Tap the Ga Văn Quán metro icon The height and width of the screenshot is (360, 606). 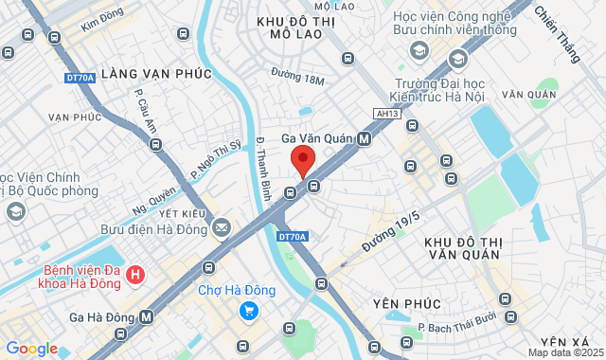click(365, 138)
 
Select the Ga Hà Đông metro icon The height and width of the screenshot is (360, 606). click(147, 316)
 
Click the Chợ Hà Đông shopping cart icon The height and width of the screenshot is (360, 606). click(248, 310)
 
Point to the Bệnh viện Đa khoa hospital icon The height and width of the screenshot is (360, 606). click(136, 276)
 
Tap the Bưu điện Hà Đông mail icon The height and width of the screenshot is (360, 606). click(222, 227)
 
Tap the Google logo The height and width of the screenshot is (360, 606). click(31, 349)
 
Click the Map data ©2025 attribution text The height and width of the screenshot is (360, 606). click(564, 352)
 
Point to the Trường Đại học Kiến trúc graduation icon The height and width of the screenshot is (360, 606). click(458, 60)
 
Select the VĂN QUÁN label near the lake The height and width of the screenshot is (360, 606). click(526, 95)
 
